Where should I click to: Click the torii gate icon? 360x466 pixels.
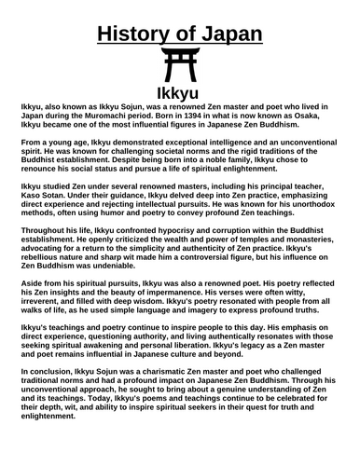click(179, 67)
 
